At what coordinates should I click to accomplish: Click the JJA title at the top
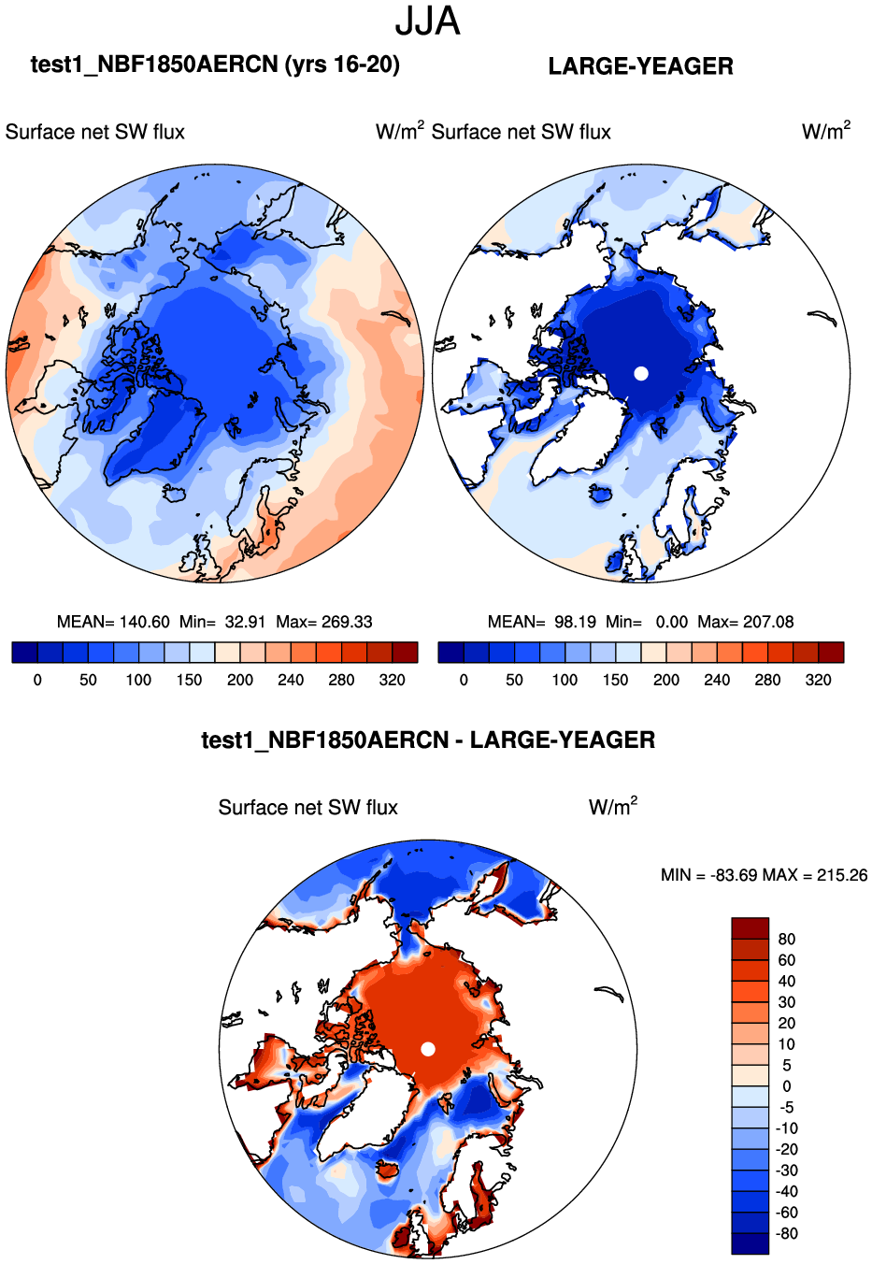tap(427, 21)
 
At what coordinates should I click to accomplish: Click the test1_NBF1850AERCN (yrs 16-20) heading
tap(215, 65)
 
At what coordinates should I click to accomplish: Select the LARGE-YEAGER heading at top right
tap(640, 66)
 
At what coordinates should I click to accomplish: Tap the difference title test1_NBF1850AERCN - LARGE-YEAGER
tap(428, 740)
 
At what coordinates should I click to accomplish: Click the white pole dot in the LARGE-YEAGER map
tap(641, 373)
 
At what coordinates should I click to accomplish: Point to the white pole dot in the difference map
tap(428, 1049)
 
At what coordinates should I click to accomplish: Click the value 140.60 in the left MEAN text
tap(145, 622)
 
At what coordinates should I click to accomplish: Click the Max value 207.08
tap(768, 622)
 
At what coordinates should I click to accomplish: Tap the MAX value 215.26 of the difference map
tap(842, 875)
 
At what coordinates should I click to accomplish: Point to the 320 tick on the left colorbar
tap(393, 680)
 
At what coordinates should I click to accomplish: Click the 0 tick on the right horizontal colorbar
tap(464, 680)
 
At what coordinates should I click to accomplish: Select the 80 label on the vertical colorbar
tap(787, 939)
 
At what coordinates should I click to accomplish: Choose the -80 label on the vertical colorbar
tap(787, 1233)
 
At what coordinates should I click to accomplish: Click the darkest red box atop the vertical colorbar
tap(750, 928)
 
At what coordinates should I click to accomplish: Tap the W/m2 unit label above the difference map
tap(613, 807)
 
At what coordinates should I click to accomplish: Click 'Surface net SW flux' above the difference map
tap(308, 808)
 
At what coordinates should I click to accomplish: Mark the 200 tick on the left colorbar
tap(240, 680)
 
